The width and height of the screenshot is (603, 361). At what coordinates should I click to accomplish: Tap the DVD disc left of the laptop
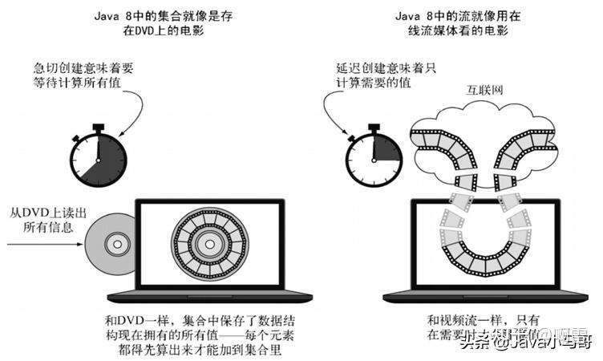pyautogui.click(x=105, y=241)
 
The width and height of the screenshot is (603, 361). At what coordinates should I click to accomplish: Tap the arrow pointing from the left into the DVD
pyautogui.click(x=40, y=245)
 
